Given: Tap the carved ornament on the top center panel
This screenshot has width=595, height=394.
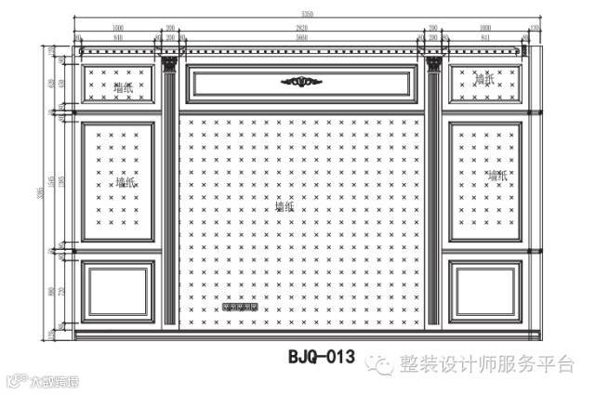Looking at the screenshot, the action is [x=297, y=82].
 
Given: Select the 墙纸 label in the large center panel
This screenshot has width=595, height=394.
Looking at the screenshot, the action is [x=284, y=208].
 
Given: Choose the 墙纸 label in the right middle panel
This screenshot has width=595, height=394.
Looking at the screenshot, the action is [x=496, y=175].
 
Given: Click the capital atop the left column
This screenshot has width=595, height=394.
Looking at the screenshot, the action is [x=169, y=64].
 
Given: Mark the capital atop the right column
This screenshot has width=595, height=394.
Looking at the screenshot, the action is [x=433, y=64].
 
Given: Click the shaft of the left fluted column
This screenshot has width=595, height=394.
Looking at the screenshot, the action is [x=169, y=195].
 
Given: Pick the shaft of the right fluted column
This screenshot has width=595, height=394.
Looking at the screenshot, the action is [x=433, y=195].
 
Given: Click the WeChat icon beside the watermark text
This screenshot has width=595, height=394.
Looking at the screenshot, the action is [x=381, y=364].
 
